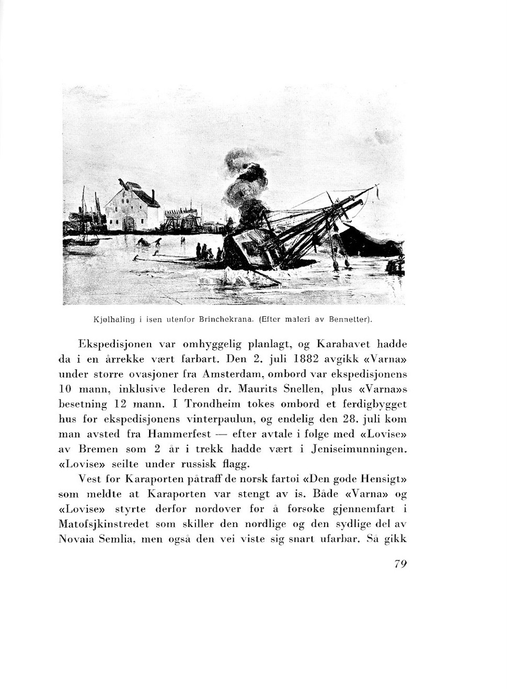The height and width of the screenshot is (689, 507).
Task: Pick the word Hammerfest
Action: [180, 434]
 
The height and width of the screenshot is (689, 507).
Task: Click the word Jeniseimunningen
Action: [359, 449]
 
